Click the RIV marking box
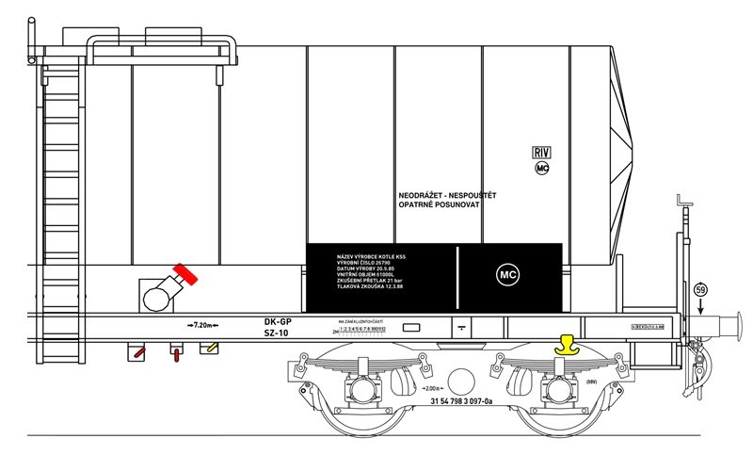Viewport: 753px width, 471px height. [x=541, y=153]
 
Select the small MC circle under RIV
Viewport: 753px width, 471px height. [x=541, y=169]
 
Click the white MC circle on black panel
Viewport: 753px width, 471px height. [x=508, y=276]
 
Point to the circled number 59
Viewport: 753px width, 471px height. [x=699, y=289]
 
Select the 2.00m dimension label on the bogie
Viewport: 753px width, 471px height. [x=434, y=388]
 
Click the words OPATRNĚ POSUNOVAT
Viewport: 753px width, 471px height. [x=440, y=204]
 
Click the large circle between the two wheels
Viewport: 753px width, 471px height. [x=461, y=382]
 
